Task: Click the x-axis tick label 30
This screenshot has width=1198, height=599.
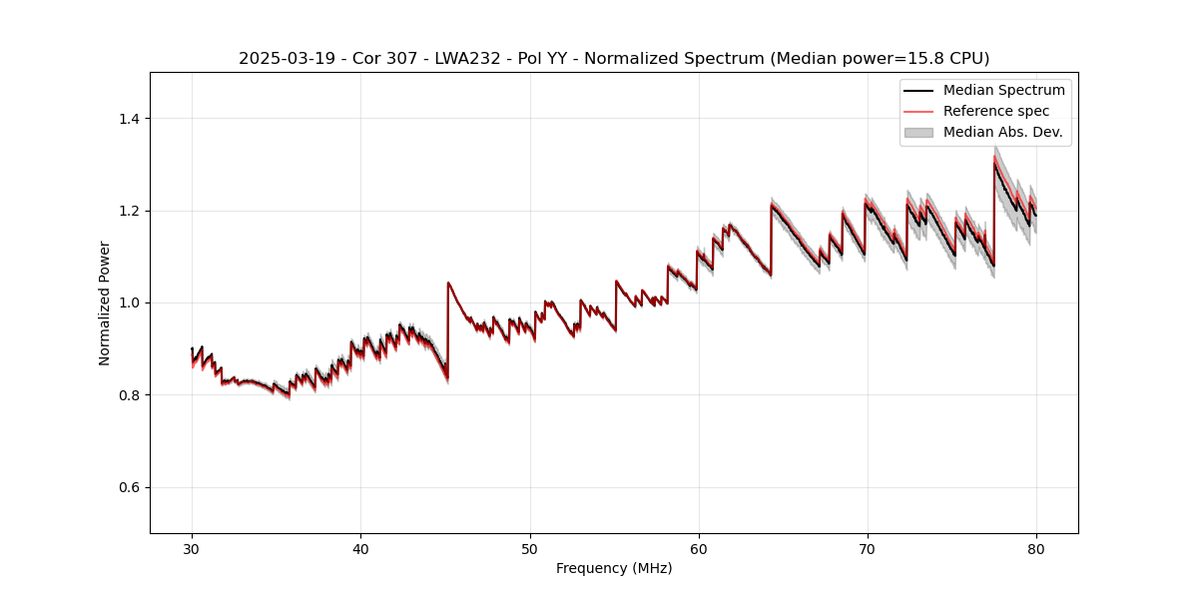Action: pos(192,548)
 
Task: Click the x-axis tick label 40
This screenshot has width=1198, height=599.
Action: pos(360,548)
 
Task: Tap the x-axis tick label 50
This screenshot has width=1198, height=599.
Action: pos(529,548)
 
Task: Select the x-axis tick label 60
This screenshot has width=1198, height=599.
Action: pos(698,548)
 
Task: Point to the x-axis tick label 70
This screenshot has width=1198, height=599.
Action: pos(867,548)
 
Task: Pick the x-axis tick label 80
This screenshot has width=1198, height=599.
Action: pos(1035,548)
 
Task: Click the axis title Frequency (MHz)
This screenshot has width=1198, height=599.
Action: pos(614,568)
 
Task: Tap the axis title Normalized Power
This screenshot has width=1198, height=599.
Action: pos(105,302)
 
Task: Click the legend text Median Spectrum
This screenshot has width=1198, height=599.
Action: pos(1003,90)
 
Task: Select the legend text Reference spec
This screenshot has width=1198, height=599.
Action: pos(996,111)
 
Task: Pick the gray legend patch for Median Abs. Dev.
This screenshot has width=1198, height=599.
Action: pos(918,132)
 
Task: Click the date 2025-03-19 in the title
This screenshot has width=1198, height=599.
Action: pos(282,59)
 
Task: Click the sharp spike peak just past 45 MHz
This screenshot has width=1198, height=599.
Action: pos(448,283)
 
